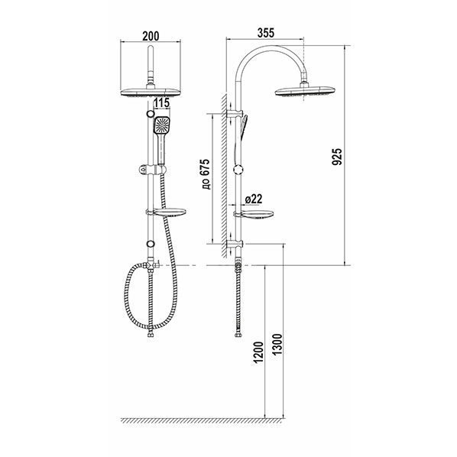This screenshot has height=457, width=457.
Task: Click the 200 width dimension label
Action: [x=151, y=36]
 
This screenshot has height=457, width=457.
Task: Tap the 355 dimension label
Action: [x=266, y=33]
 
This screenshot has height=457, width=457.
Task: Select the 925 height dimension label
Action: [x=336, y=157]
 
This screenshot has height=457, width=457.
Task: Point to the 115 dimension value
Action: [x=161, y=103]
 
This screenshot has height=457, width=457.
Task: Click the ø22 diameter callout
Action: [x=254, y=199]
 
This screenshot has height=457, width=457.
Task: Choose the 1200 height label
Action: [x=259, y=352]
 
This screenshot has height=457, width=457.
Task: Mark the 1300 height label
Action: [x=277, y=345]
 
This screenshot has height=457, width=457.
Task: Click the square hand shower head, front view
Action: [x=162, y=125]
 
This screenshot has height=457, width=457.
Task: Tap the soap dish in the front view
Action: [x=169, y=212]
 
